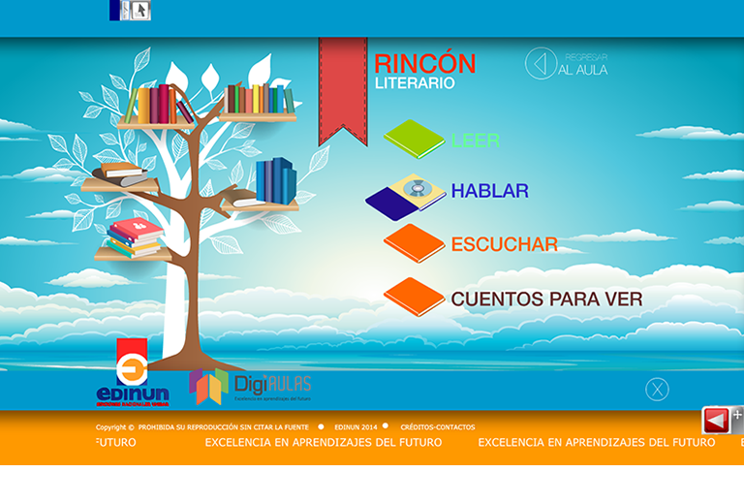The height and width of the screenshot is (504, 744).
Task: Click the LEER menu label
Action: [x=476, y=141]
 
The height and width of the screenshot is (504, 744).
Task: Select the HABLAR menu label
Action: [x=489, y=191]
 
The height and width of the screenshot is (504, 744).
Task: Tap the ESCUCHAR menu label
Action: [x=504, y=244]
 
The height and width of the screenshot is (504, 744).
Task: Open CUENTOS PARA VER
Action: [x=546, y=299]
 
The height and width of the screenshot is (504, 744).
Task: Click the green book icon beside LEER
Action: [x=414, y=139]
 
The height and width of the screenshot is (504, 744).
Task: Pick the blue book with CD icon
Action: [x=406, y=195]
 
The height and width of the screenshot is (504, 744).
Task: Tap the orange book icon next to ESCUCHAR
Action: [x=414, y=243]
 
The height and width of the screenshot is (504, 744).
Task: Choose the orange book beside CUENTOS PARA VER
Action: [x=414, y=297]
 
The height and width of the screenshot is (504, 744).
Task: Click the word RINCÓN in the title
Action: [x=424, y=64]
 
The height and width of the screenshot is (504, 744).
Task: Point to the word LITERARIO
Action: [x=415, y=84]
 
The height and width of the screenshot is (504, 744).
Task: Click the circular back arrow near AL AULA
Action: [x=541, y=64]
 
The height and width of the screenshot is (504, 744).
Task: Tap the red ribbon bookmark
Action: [x=343, y=87]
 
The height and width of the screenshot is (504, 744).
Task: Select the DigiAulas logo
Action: [x=250, y=386]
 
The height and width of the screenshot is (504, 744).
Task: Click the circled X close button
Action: [x=657, y=390]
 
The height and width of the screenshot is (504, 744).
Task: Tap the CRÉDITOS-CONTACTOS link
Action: [x=437, y=427]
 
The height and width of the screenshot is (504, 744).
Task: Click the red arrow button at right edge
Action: [x=716, y=421]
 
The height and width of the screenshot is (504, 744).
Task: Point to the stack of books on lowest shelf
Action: [x=134, y=237]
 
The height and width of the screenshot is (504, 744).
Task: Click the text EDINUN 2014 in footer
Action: [x=357, y=427]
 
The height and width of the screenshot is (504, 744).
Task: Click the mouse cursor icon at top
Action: [x=139, y=11]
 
